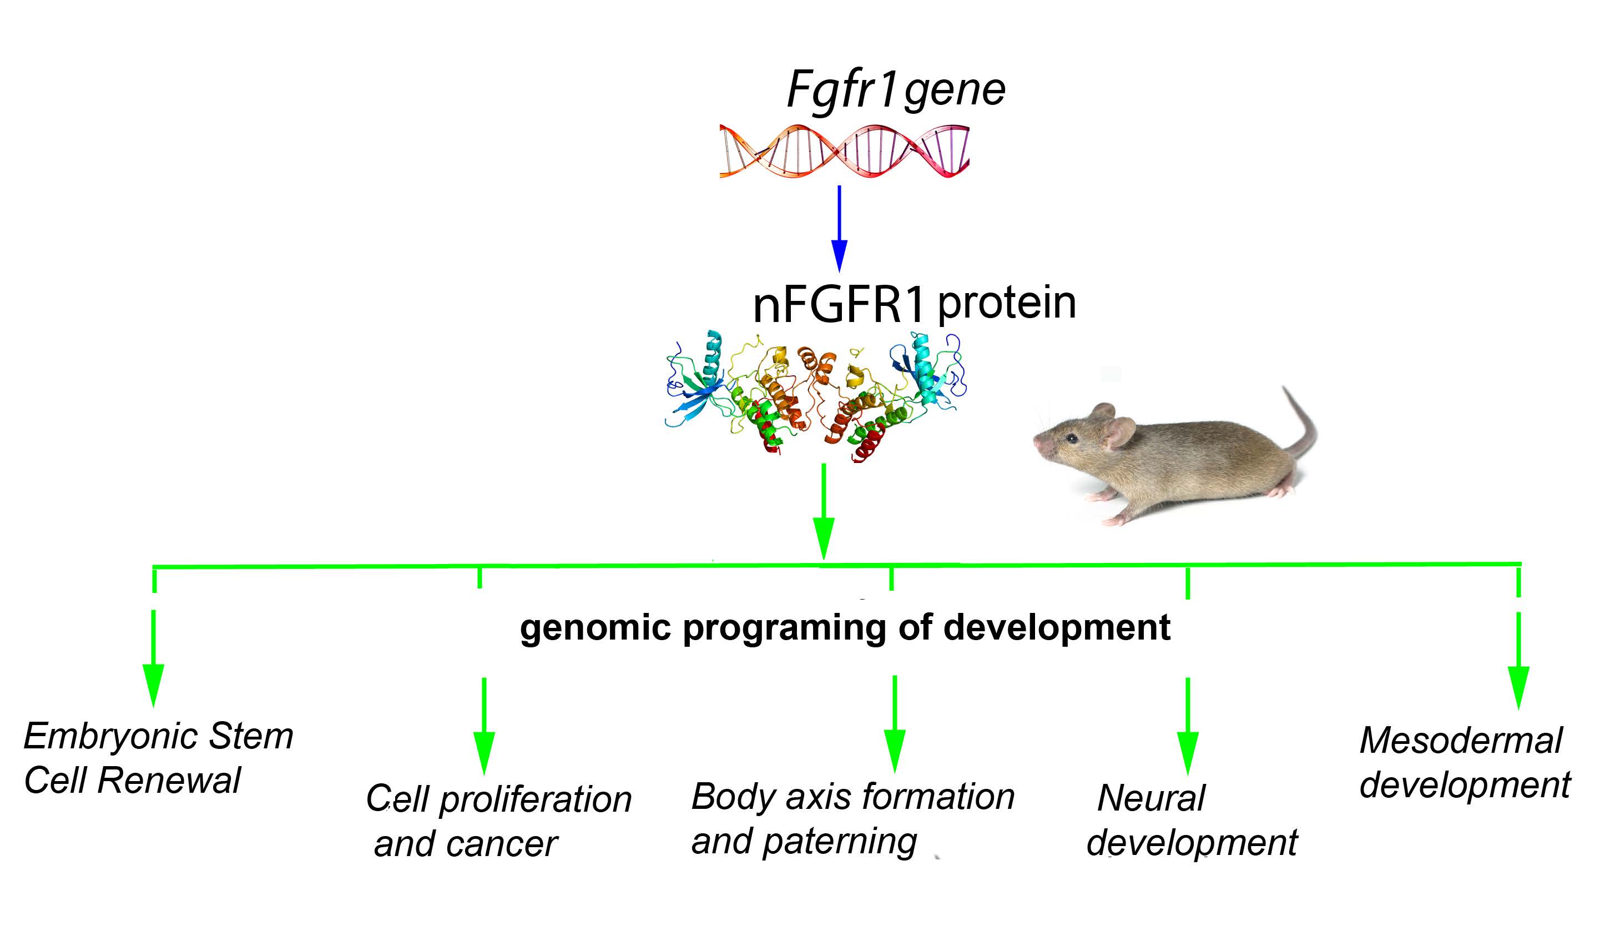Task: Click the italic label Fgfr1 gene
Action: coord(895,90)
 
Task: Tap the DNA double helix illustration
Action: coord(844,151)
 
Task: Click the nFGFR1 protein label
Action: coord(914,304)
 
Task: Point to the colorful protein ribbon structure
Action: coord(816,395)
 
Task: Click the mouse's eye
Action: coord(1072,439)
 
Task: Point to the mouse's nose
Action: coord(1037,442)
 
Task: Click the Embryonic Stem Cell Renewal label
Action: coord(158,758)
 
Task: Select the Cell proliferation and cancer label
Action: coord(498,821)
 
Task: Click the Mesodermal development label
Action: coord(1464,762)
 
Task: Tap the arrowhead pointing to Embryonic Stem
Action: coord(154,685)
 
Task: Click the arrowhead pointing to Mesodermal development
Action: coord(1518,687)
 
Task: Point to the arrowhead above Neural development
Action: coord(1187,752)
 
